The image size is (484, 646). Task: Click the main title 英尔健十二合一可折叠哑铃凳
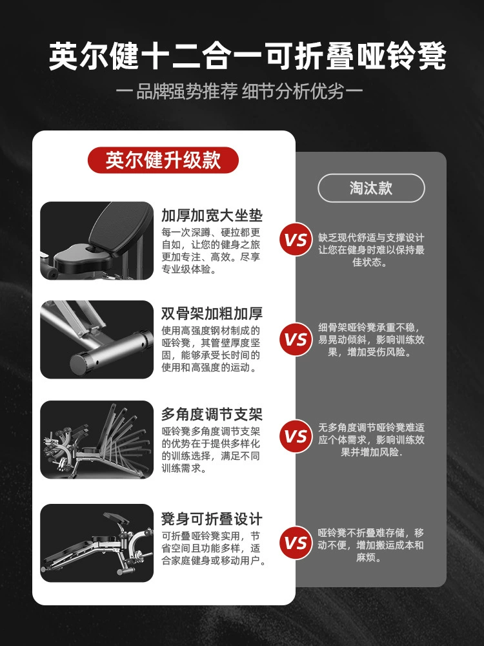click(247, 56)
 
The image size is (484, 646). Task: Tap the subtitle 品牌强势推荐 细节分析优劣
click(239, 91)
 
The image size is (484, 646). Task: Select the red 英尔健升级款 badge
click(163, 160)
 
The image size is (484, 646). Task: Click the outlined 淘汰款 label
click(371, 188)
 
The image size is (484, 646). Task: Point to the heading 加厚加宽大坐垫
click(212, 215)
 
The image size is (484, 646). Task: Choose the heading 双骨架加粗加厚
click(212, 313)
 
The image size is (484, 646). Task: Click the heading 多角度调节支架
click(212, 414)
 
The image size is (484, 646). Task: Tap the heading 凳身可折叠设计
click(212, 519)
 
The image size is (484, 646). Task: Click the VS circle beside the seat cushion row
click(296, 240)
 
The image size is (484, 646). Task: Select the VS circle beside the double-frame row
click(296, 340)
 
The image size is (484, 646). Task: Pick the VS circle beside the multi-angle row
click(296, 436)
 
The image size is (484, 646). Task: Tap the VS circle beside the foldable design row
click(296, 543)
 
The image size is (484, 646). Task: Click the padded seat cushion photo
click(97, 240)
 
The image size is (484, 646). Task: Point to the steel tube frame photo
click(97, 340)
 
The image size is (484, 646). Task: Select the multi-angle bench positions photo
click(97, 439)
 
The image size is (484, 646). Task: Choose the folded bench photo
click(97, 543)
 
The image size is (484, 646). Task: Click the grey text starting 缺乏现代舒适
click(371, 249)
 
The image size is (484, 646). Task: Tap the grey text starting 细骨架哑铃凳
click(371, 340)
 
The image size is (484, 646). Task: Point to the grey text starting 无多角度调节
click(371, 439)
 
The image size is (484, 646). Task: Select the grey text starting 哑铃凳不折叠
click(371, 545)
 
